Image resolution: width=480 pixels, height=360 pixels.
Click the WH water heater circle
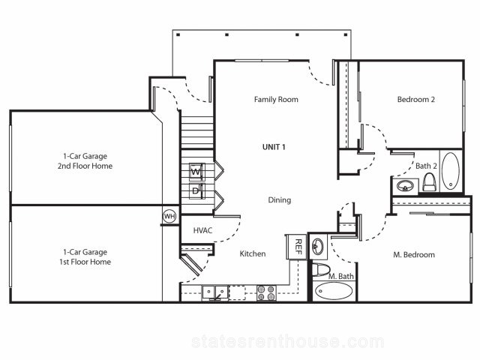tap(169, 217)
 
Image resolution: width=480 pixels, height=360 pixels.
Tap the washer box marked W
tap(196, 172)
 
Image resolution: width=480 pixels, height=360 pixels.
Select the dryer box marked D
tap(196, 191)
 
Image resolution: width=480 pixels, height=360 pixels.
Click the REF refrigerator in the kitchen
tap(297, 247)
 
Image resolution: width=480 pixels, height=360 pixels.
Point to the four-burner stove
tap(266, 292)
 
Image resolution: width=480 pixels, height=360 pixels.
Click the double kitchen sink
tap(215, 292)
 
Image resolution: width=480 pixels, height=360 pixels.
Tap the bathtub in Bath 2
tap(451, 171)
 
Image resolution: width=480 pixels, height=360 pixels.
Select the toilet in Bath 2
tap(429, 181)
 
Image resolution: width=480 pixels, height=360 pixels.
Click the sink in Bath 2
tap(405, 185)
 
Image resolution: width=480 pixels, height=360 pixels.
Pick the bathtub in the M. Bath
tap(334, 290)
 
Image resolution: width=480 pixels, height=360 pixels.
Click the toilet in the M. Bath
tap(320, 269)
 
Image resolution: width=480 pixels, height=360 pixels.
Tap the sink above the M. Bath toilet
tap(317, 246)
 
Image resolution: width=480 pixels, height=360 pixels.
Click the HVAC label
tap(202, 230)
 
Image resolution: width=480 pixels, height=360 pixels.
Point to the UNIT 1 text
tap(274, 147)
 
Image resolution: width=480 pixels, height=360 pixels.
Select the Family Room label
tap(276, 100)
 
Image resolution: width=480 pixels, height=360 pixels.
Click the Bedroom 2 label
tap(416, 100)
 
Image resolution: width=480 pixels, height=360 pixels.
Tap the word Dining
tap(280, 200)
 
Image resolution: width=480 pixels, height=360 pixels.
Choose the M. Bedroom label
tap(414, 255)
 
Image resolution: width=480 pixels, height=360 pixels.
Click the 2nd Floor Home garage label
tap(85, 166)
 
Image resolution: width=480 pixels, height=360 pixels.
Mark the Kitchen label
tap(253, 253)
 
